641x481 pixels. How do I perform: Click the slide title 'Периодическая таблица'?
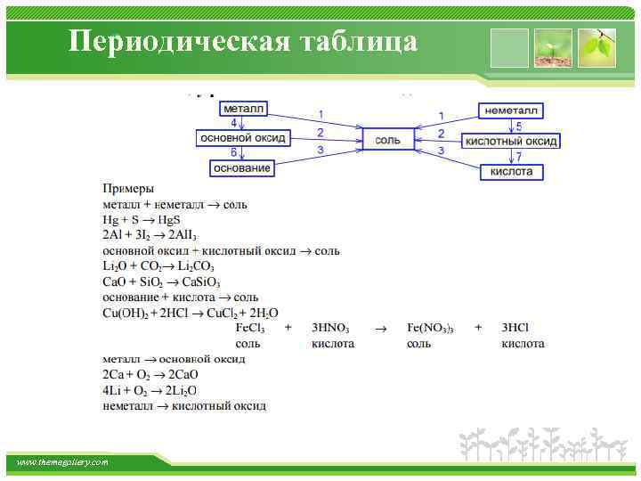point(243,42)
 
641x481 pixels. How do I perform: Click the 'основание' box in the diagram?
point(241,167)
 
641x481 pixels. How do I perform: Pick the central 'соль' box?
point(388,140)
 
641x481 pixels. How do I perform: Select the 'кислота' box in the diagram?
point(511,170)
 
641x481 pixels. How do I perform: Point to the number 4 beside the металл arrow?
point(233,123)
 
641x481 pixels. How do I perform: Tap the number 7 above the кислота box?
point(519,156)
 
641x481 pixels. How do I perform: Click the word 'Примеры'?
point(128,189)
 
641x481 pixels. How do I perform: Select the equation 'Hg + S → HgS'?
point(142,219)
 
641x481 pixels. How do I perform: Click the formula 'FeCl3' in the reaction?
point(250,328)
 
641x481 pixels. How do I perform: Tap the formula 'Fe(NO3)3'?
point(431,328)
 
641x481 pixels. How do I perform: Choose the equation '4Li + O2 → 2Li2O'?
point(150,390)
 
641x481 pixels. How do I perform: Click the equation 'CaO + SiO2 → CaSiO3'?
point(161,281)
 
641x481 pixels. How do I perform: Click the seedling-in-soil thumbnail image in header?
point(553,48)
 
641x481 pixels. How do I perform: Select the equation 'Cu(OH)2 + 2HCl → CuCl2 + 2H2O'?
point(191,313)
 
